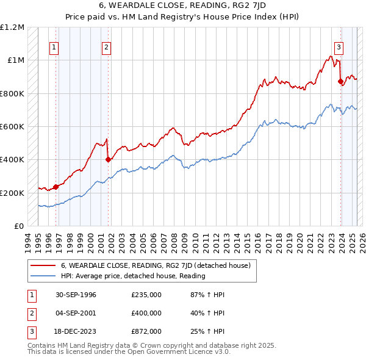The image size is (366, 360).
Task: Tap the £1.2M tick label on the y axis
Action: (13, 27)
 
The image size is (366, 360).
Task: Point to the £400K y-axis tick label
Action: (12, 160)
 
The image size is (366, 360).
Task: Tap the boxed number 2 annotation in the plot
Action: (107, 48)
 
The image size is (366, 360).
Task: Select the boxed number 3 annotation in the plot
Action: (339, 48)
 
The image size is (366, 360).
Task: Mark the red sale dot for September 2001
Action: (108, 160)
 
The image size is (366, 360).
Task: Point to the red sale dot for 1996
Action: (56, 187)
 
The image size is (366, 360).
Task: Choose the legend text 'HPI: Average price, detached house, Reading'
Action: (133, 276)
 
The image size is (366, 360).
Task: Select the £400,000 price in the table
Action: (146, 313)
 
